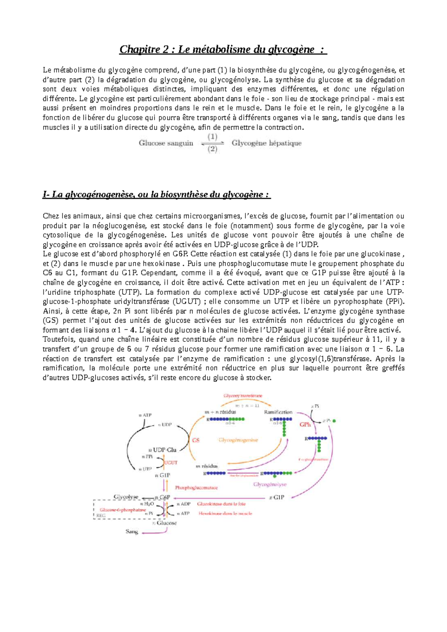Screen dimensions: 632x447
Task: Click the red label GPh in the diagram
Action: click(305, 424)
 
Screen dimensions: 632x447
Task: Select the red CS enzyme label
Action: click(196, 440)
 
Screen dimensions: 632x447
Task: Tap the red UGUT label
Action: click(171, 463)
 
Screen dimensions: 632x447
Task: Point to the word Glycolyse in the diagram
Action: click(126, 497)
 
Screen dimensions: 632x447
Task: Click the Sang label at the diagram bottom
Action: click(132, 532)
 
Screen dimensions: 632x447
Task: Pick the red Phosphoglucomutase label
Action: click(196, 488)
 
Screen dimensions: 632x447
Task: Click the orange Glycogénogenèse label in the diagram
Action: click(238, 440)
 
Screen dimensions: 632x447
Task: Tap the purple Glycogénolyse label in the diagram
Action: click(270, 484)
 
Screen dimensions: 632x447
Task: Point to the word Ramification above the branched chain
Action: click(278, 412)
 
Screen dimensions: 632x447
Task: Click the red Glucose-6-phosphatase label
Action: click(123, 510)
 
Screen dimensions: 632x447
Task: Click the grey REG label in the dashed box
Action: click(101, 516)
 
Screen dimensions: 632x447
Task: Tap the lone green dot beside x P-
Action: click(334, 421)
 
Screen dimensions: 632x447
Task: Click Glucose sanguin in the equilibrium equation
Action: click(166, 143)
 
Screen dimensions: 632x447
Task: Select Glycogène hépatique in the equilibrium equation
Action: click(266, 143)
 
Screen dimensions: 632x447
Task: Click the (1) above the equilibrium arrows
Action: click(212, 137)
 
